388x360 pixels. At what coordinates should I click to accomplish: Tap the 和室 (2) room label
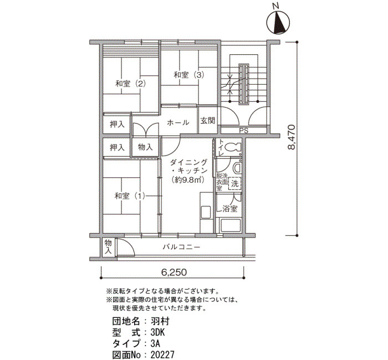pos(131,84)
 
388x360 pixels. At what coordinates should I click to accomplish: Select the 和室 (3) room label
pos(189,75)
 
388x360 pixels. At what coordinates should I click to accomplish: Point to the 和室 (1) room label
pos(130,196)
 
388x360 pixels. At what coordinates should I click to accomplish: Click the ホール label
pos(178,122)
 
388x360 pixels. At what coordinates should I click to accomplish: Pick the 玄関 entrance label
pos(208,121)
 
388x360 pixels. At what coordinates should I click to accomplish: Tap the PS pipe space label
pos(243,131)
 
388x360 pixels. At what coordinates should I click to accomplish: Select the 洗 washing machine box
pos(234,183)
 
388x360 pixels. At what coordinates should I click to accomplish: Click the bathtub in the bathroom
pos(231,225)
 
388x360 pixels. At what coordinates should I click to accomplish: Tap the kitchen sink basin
pos(206,212)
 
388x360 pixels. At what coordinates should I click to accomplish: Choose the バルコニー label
pos(181,247)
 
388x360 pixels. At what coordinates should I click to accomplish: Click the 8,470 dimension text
pos(292,137)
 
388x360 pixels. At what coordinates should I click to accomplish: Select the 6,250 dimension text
pos(174,272)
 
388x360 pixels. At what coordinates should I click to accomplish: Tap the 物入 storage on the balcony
pos(108,247)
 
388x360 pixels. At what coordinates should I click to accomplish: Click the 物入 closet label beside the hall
pos(145,147)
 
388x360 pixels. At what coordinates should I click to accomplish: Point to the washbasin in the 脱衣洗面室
pos(237,168)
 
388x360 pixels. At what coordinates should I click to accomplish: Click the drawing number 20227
pos(162,355)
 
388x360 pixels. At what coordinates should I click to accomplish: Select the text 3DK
pos(157,332)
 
